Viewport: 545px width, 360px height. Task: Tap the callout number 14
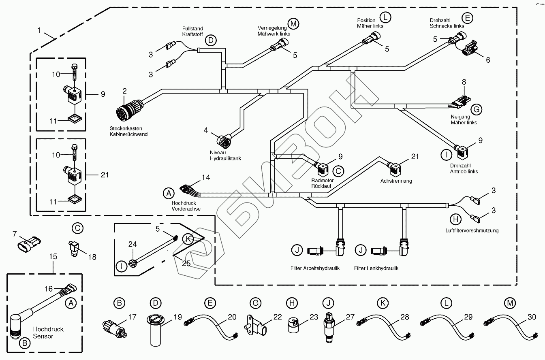pyautogui.click(x=206, y=177)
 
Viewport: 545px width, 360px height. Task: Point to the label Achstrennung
pyautogui.click(x=396, y=181)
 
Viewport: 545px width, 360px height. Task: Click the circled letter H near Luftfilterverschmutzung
pyautogui.click(x=456, y=219)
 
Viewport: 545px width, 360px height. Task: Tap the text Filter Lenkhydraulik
pyautogui.click(x=376, y=268)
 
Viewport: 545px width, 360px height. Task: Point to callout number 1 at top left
pyautogui.click(x=39, y=30)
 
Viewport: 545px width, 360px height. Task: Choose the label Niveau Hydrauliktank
pyautogui.click(x=225, y=155)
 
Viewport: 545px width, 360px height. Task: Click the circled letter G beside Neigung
pyautogui.click(x=476, y=109)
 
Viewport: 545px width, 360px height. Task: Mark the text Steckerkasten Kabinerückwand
pyautogui.click(x=128, y=131)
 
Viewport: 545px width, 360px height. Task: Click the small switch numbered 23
pyautogui.click(x=295, y=324)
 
